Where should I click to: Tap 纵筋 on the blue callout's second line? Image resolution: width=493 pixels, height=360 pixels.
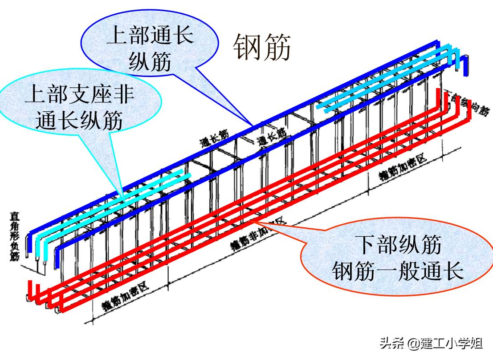point(150,62)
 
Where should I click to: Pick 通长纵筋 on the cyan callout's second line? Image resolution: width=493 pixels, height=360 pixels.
point(79,121)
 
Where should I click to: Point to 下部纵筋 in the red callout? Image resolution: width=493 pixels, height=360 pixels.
point(398,244)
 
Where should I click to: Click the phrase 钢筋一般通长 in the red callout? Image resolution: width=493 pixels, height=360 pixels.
point(398,270)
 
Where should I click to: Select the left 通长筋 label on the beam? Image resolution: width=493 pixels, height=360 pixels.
point(214,138)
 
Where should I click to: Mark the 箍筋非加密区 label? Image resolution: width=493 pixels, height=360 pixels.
point(258,235)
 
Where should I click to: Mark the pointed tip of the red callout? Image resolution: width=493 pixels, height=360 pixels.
point(251,219)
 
